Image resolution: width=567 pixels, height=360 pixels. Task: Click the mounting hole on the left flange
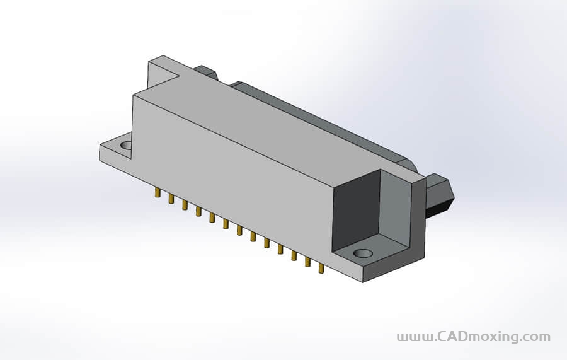click(x=127, y=146)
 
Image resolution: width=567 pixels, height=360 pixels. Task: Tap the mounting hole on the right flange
click(x=363, y=253)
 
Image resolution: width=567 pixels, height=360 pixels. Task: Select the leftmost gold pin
click(x=157, y=192)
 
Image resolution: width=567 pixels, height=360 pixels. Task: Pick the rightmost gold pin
click(x=321, y=268)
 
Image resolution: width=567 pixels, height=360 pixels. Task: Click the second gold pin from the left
click(x=171, y=199)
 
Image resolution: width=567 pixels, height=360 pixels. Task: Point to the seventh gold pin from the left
click(x=239, y=230)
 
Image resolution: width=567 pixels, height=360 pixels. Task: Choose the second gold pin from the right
click(x=307, y=262)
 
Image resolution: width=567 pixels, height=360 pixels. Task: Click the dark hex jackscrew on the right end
click(x=440, y=195)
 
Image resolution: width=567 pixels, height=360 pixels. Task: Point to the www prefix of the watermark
click(x=414, y=337)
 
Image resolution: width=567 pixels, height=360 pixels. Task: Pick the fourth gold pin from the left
click(x=198, y=211)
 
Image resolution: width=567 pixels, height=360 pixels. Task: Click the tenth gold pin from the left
click(x=280, y=249)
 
